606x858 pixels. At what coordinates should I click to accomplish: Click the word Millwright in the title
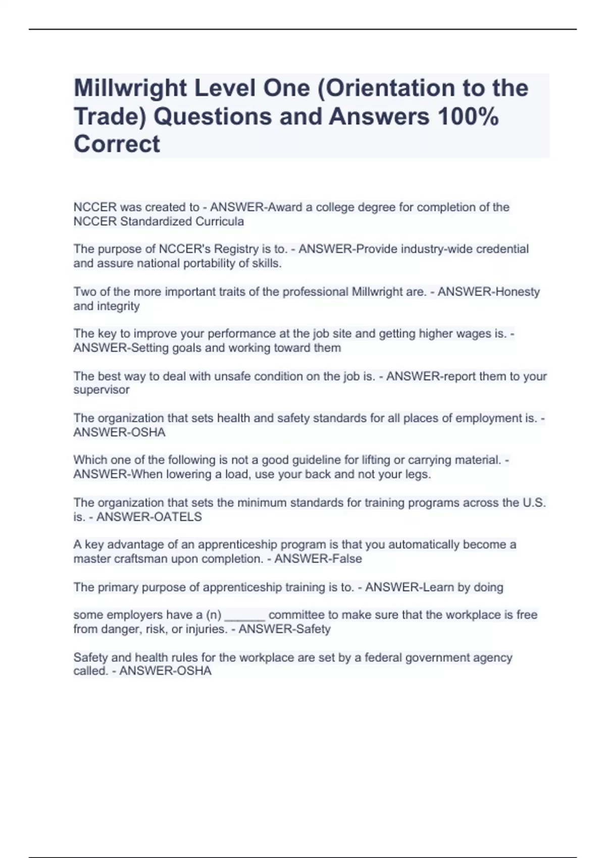click(131, 89)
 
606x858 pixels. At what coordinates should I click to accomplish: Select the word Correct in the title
click(117, 144)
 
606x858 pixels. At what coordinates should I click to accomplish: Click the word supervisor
click(101, 390)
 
